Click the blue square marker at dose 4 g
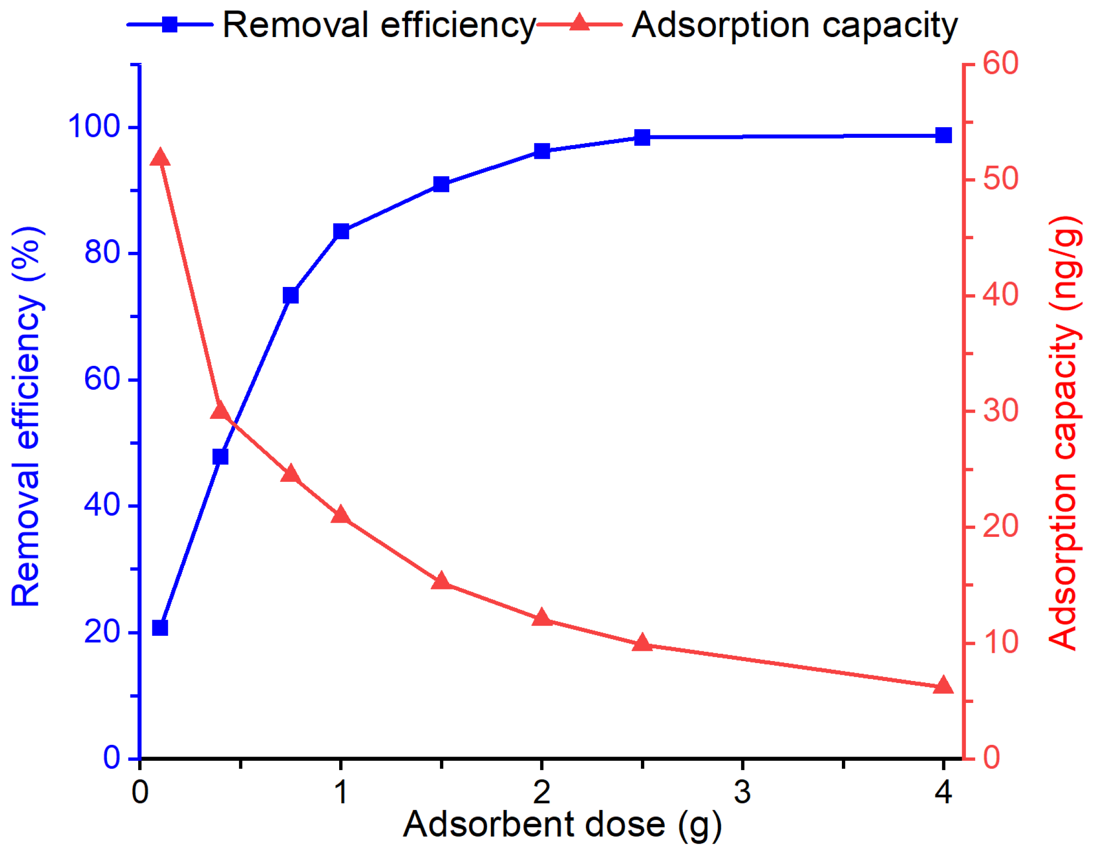point(944,135)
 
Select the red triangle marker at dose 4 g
point(944,686)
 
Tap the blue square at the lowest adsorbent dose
point(160,627)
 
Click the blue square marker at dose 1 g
point(341,231)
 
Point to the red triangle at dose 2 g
point(542,618)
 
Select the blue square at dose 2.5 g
point(642,137)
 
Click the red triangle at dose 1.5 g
point(441,582)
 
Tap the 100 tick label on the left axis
point(94,126)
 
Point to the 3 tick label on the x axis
point(743,793)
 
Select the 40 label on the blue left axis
point(103,505)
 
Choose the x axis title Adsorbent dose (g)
point(562,824)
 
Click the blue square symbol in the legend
point(170,24)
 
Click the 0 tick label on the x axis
point(140,793)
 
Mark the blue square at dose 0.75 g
point(291,296)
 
